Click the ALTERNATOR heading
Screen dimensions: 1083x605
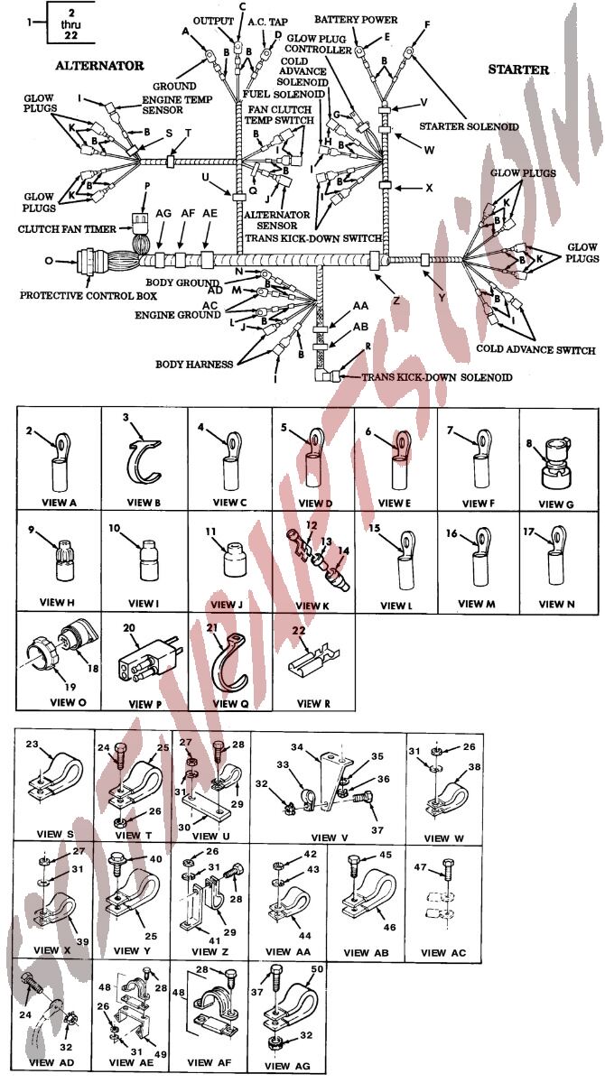point(99,66)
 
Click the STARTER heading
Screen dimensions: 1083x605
point(518,69)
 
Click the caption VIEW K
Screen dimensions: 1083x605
point(313,605)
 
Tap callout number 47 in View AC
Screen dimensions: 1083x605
point(420,866)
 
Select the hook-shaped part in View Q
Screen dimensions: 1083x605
point(217,665)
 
